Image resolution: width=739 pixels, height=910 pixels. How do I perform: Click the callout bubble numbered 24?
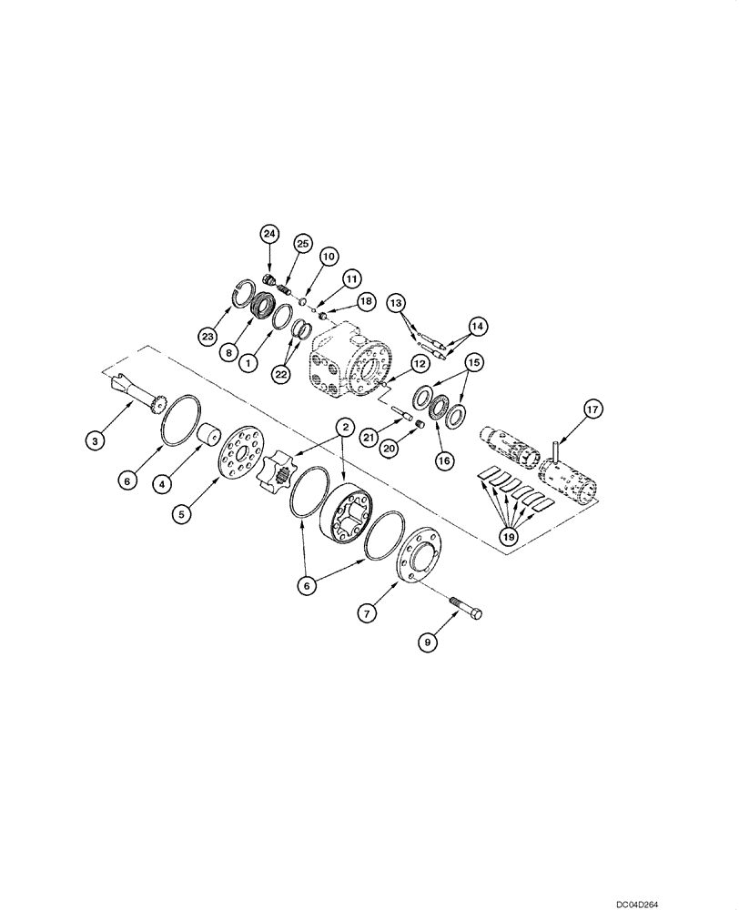[x=268, y=234]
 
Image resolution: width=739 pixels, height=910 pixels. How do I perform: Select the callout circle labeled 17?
[x=592, y=410]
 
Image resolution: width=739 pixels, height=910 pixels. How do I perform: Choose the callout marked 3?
[x=94, y=441]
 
